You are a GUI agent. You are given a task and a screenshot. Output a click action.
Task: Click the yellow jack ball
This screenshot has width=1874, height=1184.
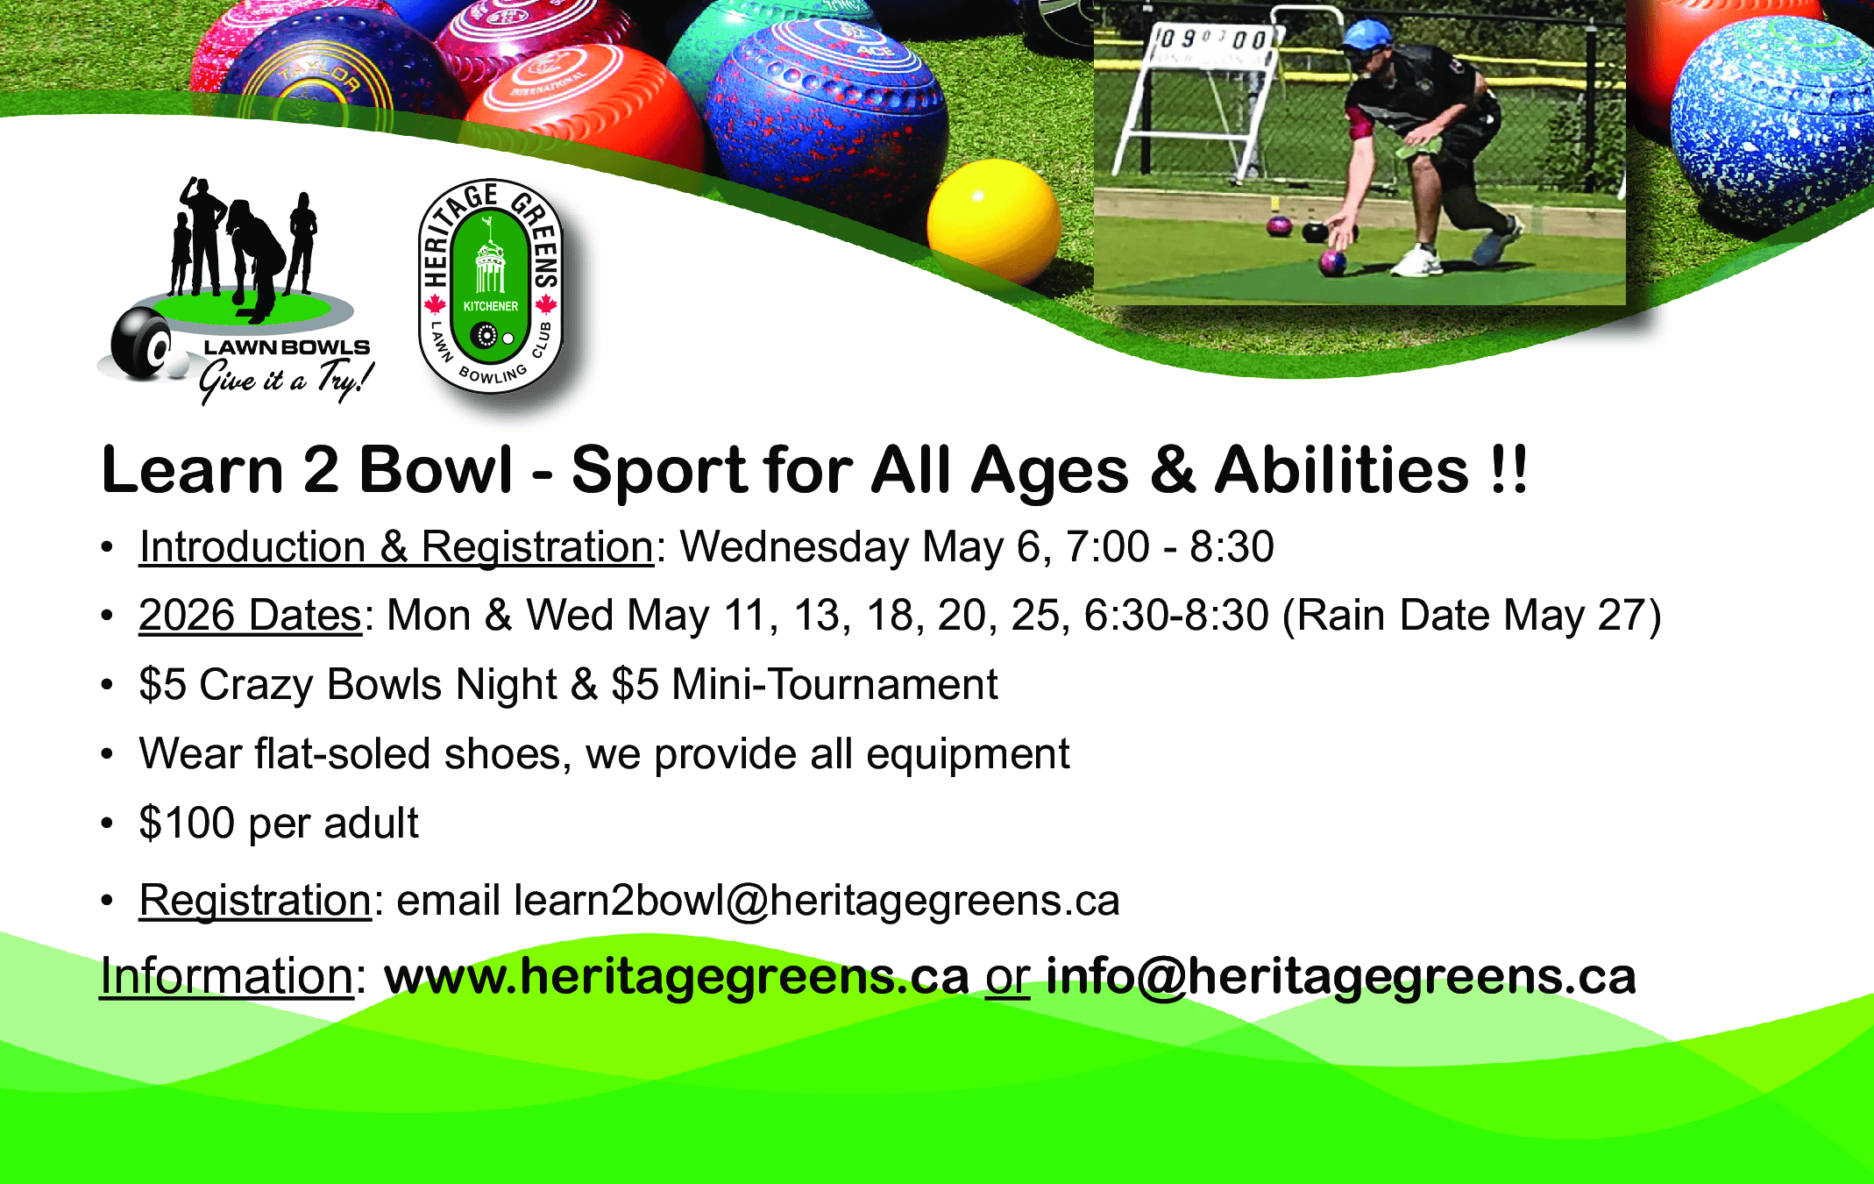993,221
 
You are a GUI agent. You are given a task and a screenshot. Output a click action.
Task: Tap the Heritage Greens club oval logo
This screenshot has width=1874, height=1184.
491,287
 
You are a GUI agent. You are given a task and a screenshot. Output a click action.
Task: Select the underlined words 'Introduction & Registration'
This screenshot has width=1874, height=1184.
396,547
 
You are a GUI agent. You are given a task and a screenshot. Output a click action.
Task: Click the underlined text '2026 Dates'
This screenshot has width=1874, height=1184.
250,616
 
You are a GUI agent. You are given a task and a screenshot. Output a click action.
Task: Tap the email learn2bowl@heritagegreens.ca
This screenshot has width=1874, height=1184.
817,901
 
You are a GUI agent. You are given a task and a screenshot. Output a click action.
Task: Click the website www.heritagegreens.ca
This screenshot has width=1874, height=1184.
677,976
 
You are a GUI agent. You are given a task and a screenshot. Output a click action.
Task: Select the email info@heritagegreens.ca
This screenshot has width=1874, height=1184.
1341,976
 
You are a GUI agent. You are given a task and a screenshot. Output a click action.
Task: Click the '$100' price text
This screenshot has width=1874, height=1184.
187,824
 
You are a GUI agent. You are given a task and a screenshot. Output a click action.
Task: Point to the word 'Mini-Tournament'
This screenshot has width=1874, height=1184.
834,684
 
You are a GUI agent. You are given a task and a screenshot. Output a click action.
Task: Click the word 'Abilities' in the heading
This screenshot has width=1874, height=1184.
1342,470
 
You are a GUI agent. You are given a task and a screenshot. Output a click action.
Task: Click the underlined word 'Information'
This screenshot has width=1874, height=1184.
226,976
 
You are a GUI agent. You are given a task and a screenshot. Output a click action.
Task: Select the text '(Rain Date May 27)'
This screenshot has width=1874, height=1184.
1472,616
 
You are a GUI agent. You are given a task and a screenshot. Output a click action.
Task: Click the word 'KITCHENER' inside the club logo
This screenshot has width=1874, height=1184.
491,306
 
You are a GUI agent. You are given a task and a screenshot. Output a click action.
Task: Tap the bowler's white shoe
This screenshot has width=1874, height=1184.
1416,261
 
